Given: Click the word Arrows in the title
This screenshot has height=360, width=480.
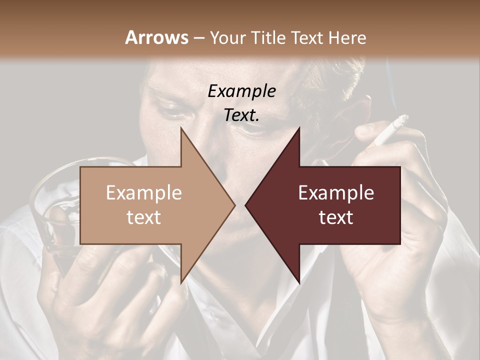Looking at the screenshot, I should point(156,37).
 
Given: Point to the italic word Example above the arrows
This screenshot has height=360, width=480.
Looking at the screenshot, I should point(242,91).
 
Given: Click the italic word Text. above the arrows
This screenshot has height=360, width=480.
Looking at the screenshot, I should point(242,115).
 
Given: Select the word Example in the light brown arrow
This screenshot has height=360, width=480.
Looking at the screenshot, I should point(144,193).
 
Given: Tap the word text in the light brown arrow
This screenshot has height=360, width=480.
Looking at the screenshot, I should point(144,217).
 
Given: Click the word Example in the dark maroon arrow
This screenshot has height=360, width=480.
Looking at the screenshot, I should point(336,193).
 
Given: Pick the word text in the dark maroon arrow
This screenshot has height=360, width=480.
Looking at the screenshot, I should point(336,217).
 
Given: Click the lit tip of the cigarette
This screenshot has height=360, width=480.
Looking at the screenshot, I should point(404,119).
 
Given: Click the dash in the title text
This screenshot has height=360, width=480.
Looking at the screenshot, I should point(198,38).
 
